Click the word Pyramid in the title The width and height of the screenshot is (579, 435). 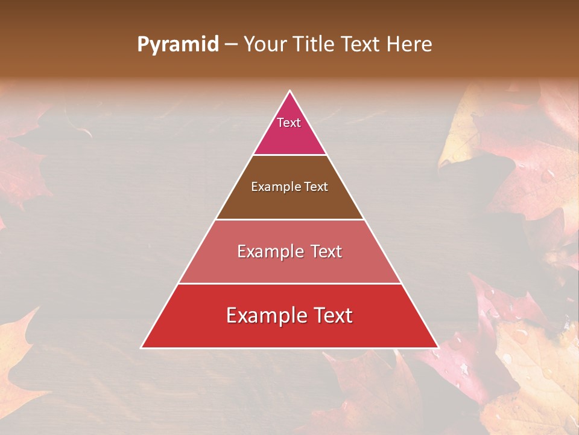(x=177, y=45)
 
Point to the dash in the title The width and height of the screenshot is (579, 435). (x=231, y=45)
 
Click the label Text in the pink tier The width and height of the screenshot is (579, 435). (x=289, y=123)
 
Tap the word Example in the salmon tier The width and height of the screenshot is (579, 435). (x=270, y=251)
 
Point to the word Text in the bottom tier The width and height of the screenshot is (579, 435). (x=332, y=315)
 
